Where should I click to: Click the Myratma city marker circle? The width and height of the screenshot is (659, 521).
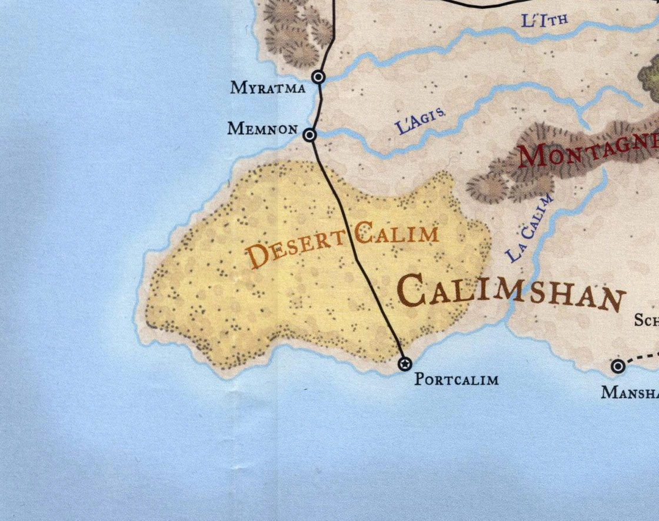click(x=318, y=76)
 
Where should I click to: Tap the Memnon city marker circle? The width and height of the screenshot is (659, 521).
click(x=309, y=135)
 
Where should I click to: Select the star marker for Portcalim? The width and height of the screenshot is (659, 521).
click(x=405, y=364)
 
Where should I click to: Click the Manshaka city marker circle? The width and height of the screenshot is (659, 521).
click(x=618, y=367)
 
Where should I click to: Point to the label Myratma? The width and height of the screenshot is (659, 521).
click(x=268, y=88)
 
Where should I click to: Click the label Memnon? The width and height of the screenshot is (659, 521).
click(x=262, y=128)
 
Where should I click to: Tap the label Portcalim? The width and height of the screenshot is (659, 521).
click(x=456, y=379)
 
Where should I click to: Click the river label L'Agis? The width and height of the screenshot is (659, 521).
click(x=419, y=121)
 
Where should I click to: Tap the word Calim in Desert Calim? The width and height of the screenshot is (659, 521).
click(x=397, y=235)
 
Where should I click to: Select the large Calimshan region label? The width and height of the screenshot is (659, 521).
click(x=510, y=293)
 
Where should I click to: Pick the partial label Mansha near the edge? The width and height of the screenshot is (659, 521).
click(x=630, y=392)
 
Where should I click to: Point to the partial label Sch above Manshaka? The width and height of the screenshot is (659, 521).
click(x=646, y=320)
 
